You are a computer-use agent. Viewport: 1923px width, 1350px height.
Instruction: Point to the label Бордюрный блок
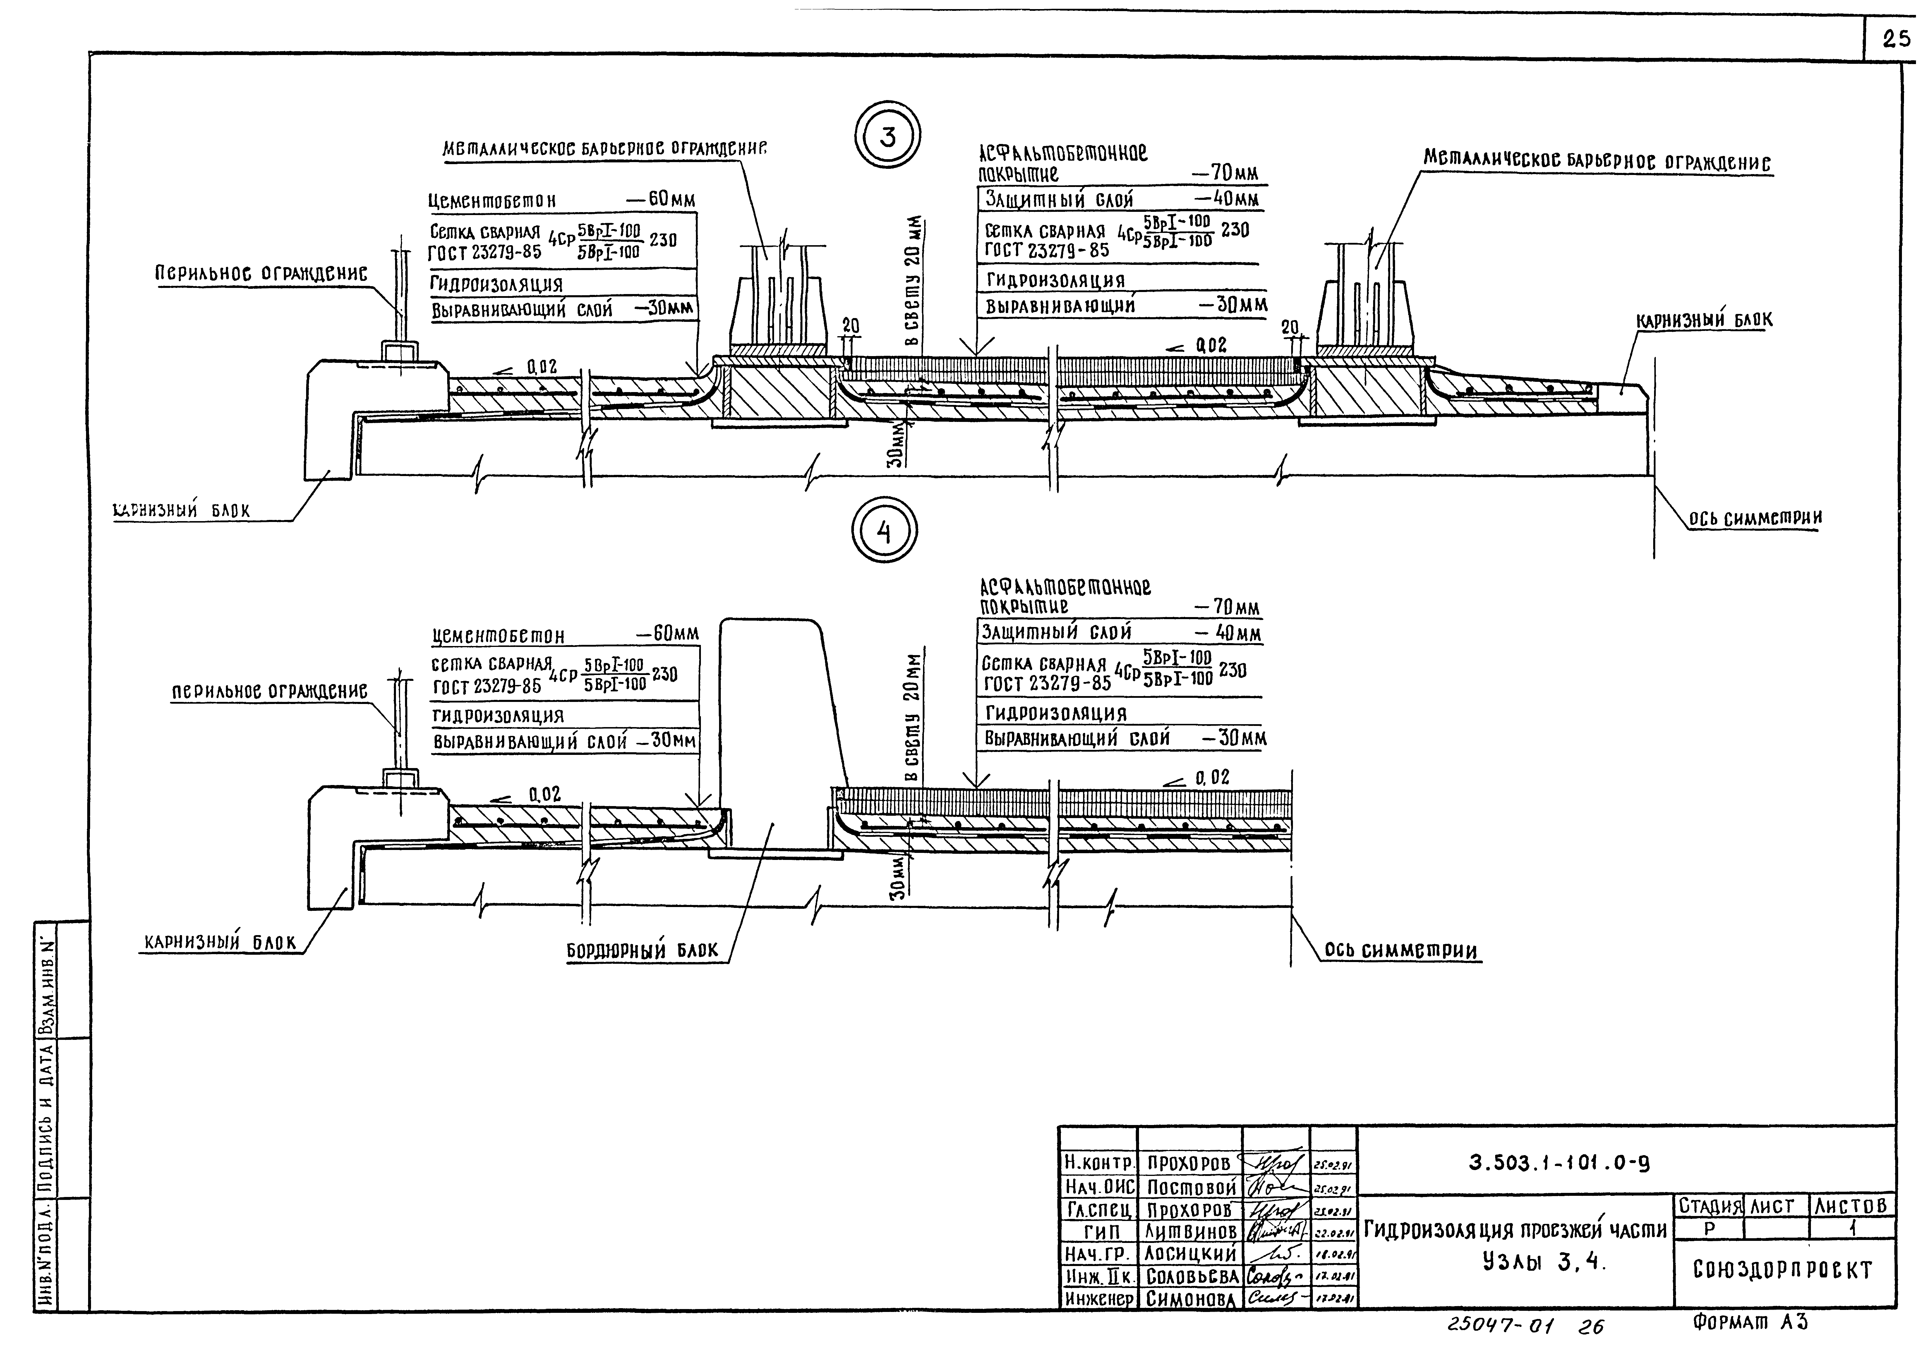pos(642,951)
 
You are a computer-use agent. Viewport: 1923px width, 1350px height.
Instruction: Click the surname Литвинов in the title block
pos(1191,1231)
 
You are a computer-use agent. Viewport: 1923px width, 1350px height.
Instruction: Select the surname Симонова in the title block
pos(1191,1299)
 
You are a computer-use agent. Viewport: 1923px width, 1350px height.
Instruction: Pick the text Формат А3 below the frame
pos(1750,1323)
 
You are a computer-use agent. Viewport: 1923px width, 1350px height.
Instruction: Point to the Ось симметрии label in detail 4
pos(1400,951)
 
